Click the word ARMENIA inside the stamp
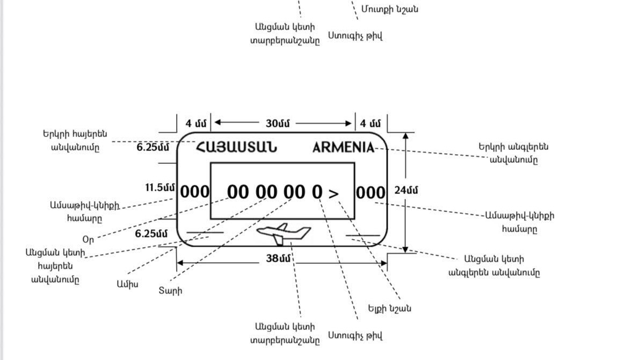[x=344, y=148]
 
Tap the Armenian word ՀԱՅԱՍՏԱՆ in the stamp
[x=236, y=147]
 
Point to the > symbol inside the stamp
[x=333, y=193]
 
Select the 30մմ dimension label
[x=278, y=123]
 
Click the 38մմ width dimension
[x=279, y=258]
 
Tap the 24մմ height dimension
[x=407, y=190]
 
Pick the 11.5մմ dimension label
[x=160, y=188]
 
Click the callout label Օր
[x=88, y=238]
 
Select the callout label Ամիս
[x=127, y=284]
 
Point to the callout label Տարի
[x=170, y=291]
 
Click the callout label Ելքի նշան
[x=389, y=308]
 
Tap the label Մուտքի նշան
[x=397, y=9]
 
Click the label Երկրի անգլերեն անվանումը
[x=513, y=153]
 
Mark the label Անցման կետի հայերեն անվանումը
[x=56, y=265]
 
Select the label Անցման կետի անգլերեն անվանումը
[x=494, y=266]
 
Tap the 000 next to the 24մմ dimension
[x=371, y=192]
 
